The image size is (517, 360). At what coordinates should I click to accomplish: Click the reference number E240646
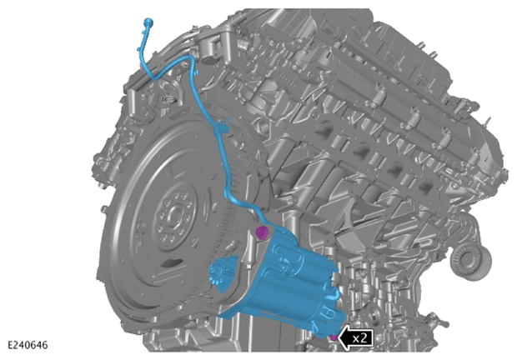[28, 345]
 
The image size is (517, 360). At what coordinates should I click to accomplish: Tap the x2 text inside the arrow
[359, 338]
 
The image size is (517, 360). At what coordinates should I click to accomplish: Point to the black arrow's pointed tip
[339, 338]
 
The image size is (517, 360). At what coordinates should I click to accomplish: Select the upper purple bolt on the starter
[262, 232]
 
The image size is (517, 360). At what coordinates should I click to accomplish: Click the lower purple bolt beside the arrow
[334, 338]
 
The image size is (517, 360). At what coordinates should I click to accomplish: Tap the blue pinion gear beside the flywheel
[223, 272]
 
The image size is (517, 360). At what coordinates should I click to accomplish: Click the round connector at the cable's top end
[148, 22]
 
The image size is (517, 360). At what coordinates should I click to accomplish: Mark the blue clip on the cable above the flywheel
[220, 127]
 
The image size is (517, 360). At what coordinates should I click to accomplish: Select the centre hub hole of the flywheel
[173, 215]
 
